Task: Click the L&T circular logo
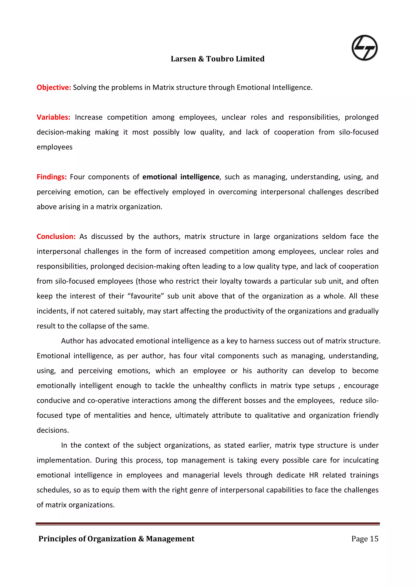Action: (x=364, y=48)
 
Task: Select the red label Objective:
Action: (x=54, y=88)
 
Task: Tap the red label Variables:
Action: (x=53, y=117)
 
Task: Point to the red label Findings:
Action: (x=52, y=177)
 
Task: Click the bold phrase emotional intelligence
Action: (x=181, y=177)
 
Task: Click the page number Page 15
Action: (x=365, y=538)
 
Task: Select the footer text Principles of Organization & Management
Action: (x=116, y=538)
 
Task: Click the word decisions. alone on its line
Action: (x=53, y=430)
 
